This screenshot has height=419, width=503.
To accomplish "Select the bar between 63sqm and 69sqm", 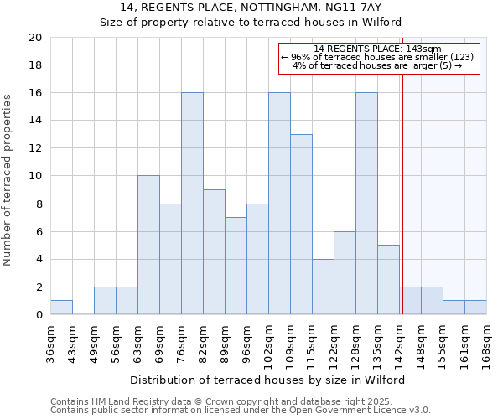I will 148,246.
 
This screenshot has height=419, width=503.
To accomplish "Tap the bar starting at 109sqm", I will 301,225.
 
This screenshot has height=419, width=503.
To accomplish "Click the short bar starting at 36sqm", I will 61,308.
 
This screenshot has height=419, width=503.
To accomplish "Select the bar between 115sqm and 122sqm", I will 323,287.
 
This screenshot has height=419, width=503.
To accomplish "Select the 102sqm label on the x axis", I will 268,343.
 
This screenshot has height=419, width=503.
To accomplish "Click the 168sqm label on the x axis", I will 486,343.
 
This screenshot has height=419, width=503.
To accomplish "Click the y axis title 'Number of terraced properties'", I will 8,180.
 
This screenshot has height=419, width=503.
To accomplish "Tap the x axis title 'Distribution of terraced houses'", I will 267,380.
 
